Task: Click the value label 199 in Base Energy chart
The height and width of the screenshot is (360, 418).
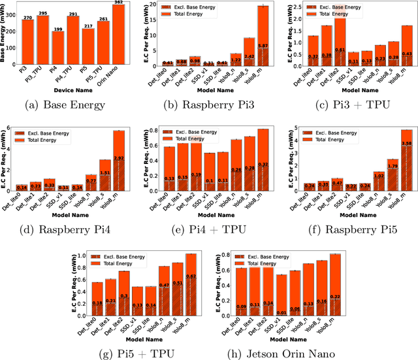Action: pos(57,29)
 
